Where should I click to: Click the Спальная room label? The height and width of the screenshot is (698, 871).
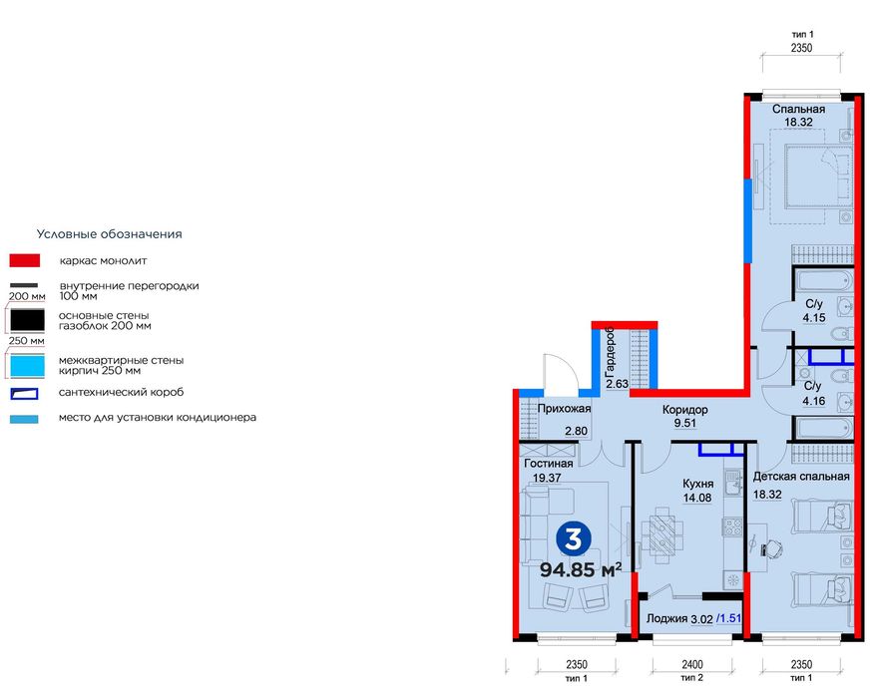click(x=798, y=110)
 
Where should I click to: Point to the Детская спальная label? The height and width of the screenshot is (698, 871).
click(x=801, y=477)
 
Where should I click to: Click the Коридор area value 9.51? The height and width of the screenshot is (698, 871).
click(x=684, y=424)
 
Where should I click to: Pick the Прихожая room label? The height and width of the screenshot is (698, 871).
click(x=565, y=410)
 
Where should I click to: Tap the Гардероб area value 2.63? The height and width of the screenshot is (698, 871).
click(x=617, y=384)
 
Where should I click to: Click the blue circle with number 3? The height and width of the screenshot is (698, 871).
click(x=573, y=539)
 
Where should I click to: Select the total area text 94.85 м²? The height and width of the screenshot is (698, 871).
click(x=581, y=570)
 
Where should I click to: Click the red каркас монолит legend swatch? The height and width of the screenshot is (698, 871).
click(x=24, y=260)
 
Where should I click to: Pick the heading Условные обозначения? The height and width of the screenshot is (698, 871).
click(x=109, y=234)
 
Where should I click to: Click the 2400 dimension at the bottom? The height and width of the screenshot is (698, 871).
click(x=692, y=664)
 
